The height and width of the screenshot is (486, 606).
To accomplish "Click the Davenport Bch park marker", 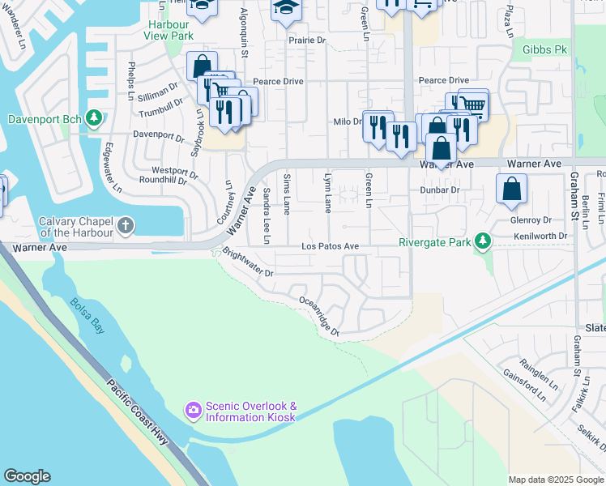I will click(95, 119).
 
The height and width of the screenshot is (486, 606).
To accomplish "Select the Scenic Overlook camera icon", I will click(193, 411).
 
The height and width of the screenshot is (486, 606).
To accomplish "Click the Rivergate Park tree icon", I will click(483, 241).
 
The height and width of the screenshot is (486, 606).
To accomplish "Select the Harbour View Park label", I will click(168, 30).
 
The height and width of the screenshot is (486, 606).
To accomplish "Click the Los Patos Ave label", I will click(330, 246).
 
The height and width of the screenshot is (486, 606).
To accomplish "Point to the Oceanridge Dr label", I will click(318, 315).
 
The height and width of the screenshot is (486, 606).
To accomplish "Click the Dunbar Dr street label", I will click(440, 190).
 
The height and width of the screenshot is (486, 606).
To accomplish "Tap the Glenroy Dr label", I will click(531, 220).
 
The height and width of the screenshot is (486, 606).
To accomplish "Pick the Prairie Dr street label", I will click(307, 39).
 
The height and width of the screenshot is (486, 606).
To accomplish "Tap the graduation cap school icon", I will click(285, 6).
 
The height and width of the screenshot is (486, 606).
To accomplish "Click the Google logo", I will click(27, 476).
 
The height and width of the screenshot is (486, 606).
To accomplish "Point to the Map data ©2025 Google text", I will click(555, 480).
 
